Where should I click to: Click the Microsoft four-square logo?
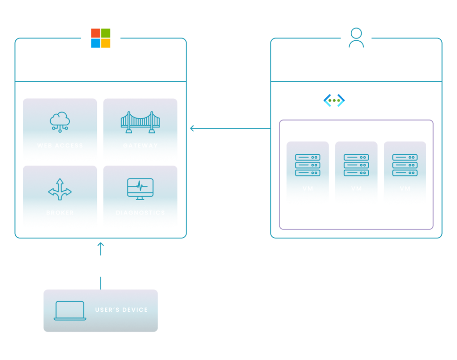[100, 38]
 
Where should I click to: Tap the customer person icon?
[356, 38]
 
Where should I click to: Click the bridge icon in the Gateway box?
[140, 121]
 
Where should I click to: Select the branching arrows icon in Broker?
[60, 189]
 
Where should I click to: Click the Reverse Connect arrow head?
[192, 128]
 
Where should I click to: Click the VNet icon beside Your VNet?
[334, 101]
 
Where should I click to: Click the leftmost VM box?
[307, 173]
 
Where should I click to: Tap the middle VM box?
[356, 173]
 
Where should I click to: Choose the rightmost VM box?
[405, 173]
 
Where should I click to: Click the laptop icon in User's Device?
[70, 310]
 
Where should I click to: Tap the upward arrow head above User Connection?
[100, 244]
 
